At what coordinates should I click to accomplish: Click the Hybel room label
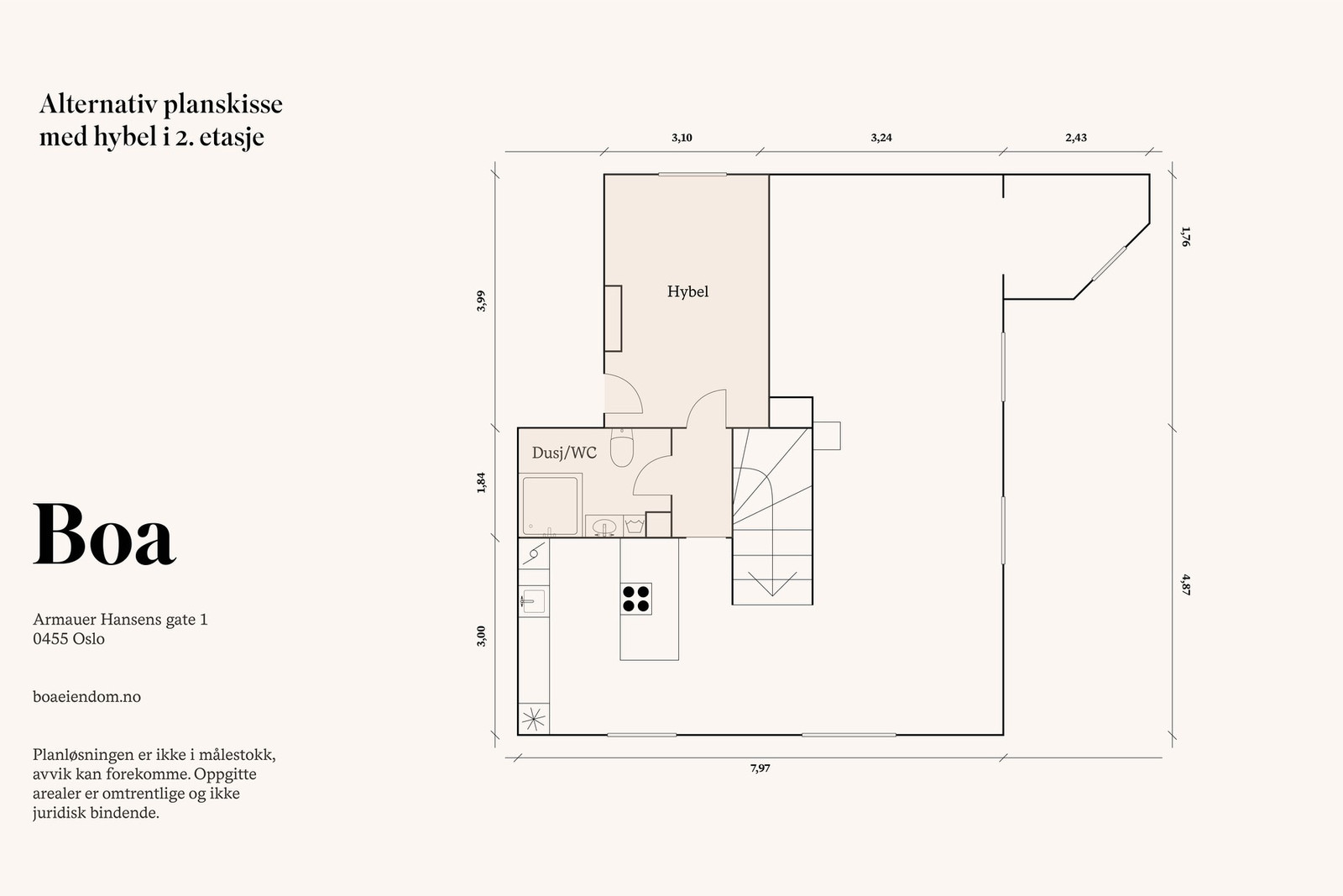[x=687, y=292]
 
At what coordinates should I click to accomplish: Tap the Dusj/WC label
[x=564, y=453]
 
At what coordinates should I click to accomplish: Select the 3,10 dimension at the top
[x=682, y=138]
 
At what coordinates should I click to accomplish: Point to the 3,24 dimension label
[x=881, y=138]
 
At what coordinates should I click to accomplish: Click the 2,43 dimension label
[x=1076, y=138]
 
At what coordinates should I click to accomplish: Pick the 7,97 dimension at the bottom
[x=760, y=768]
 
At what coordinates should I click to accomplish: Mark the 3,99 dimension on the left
[x=481, y=301]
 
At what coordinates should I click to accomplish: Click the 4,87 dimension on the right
[x=1185, y=584]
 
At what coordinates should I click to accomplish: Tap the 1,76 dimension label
[x=1185, y=236]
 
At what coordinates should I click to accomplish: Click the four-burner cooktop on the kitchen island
[x=636, y=599]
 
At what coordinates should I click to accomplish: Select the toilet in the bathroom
[x=622, y=448]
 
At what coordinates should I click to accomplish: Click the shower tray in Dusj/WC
[x=551, y=505]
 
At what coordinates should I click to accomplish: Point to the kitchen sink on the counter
[x=533, y=601]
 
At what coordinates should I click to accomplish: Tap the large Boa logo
[x=104, y=534]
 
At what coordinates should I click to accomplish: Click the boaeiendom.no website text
[x=87, y=697]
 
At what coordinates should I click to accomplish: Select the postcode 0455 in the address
[x=50, y=639]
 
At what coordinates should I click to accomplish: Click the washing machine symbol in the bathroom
[x=634, y=527]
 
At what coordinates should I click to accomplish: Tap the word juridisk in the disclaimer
[x=60, y=814]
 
